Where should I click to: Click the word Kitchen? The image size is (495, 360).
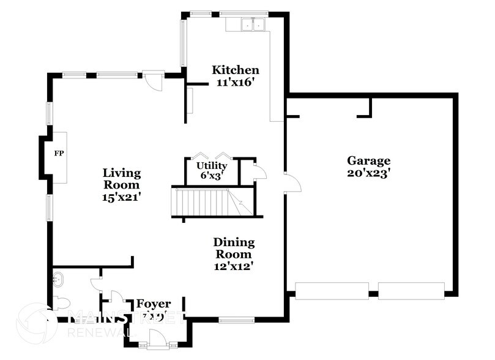236,70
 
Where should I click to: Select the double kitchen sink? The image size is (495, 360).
253,25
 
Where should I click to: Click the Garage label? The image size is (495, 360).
368,161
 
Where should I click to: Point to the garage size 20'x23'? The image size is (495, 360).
368,173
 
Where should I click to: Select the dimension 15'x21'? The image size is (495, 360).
121,197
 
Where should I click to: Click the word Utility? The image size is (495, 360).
212,166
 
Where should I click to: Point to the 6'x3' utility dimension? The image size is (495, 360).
212,175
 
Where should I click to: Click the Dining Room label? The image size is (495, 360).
234,249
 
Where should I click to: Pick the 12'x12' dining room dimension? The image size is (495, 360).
234,266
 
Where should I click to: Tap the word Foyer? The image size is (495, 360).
153,304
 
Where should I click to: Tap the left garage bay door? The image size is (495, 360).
332,290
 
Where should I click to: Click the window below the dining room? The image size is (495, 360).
237,320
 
